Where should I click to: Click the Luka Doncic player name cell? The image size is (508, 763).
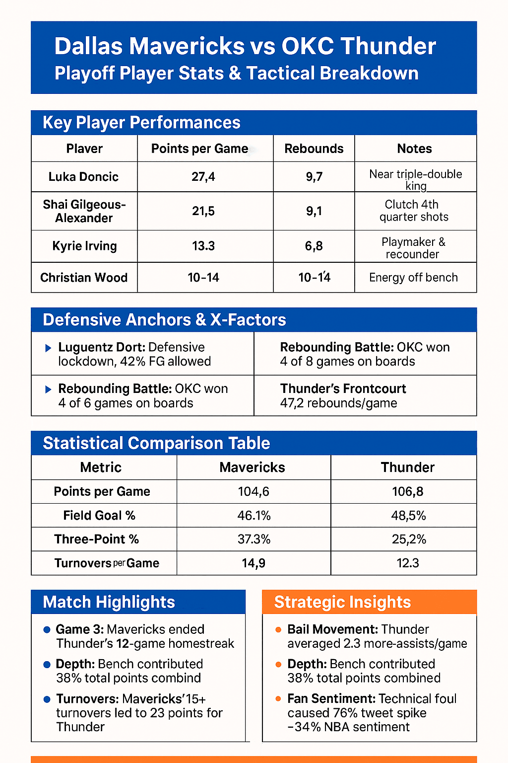[83, 177]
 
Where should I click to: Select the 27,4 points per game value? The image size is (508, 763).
[203, 177]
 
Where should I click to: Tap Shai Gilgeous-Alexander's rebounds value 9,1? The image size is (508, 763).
[314, 211]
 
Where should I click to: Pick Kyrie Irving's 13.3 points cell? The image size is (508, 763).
[203, 246]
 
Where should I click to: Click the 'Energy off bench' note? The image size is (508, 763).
[413, 278]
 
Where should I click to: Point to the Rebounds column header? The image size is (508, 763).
[314, 149]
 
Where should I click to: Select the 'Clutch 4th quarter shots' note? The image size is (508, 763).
[414, 211]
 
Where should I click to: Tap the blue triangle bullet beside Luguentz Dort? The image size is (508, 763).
[48, 348]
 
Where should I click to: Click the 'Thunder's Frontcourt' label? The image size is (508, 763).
[343, 388]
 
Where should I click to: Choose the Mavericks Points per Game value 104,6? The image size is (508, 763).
[254, 492]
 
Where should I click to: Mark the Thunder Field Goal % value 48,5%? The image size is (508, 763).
[408, 516]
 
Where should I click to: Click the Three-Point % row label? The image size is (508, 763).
[97, 539]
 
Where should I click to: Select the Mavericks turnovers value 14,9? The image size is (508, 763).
[254, 563]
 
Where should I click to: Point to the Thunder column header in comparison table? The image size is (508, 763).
[407, 467]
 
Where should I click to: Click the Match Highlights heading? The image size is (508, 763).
[109, 602]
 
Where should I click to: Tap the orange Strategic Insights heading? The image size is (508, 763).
[342, 602]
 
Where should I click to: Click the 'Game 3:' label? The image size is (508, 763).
[79, 629]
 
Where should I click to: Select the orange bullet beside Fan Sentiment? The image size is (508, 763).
[278, 699]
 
